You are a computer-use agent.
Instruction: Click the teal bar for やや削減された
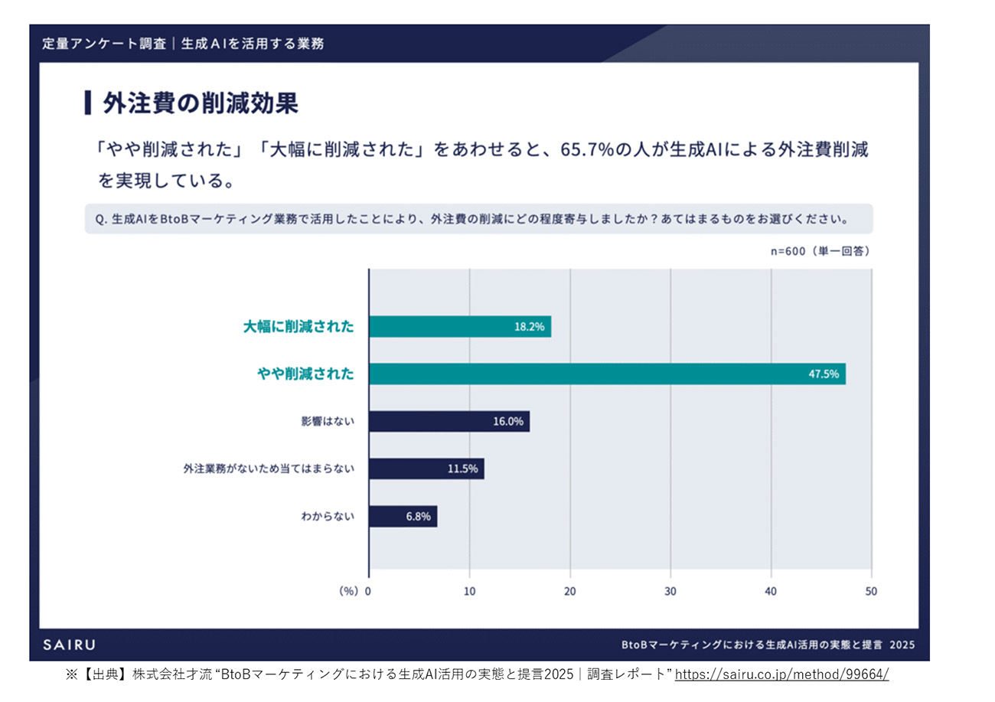pyautogui.click(x=606, y=374)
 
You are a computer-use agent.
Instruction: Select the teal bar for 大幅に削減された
pyautogui.click(x=459, y=327)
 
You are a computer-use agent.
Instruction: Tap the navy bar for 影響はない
pyautogui.click(x=449, y=421)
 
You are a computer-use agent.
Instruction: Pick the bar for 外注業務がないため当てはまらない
pyautogui.click(x=426, y=469)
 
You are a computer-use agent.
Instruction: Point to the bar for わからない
pyautogui.click(x=402, y=516)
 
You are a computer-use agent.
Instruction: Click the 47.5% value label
pyautogui.click(x=823, y=374)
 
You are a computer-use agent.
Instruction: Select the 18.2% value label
pyautogui.click(x=529, y=327)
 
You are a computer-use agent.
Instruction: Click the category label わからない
pyautogui.click(x=328, y=516)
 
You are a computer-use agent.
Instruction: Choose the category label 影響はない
pyautogui.click(x=328, y=421)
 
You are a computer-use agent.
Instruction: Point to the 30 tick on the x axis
pyautogui.click(x=670, y=591)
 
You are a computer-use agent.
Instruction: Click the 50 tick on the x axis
pyautogui.click(x=871, y=591)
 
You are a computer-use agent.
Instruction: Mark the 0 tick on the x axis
pyautogui.click(x=368, y=591)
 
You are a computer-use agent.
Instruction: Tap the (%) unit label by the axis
pyautogui.click(x=348, y=591)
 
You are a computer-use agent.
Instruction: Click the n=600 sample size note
pyautogui.click(x=819, y=250)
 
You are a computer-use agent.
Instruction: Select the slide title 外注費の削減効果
pyautogui.click(x=201, y=103)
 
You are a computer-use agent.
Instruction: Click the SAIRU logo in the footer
pyautogui.click(x=69, y=645)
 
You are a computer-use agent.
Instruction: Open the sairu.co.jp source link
pyautogui.click(x=781, y=674)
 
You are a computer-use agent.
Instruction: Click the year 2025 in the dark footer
pyautogui.click(x=902, y=645)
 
